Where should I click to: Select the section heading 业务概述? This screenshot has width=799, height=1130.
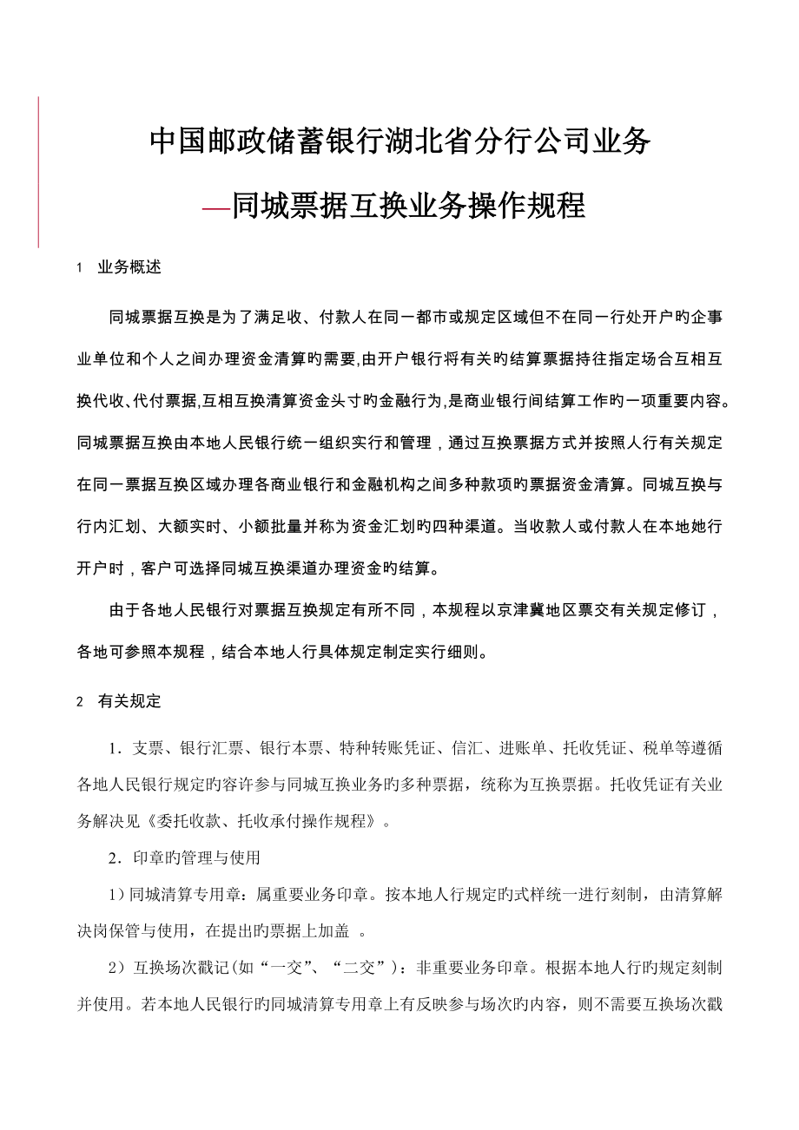(x=130, y=267)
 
